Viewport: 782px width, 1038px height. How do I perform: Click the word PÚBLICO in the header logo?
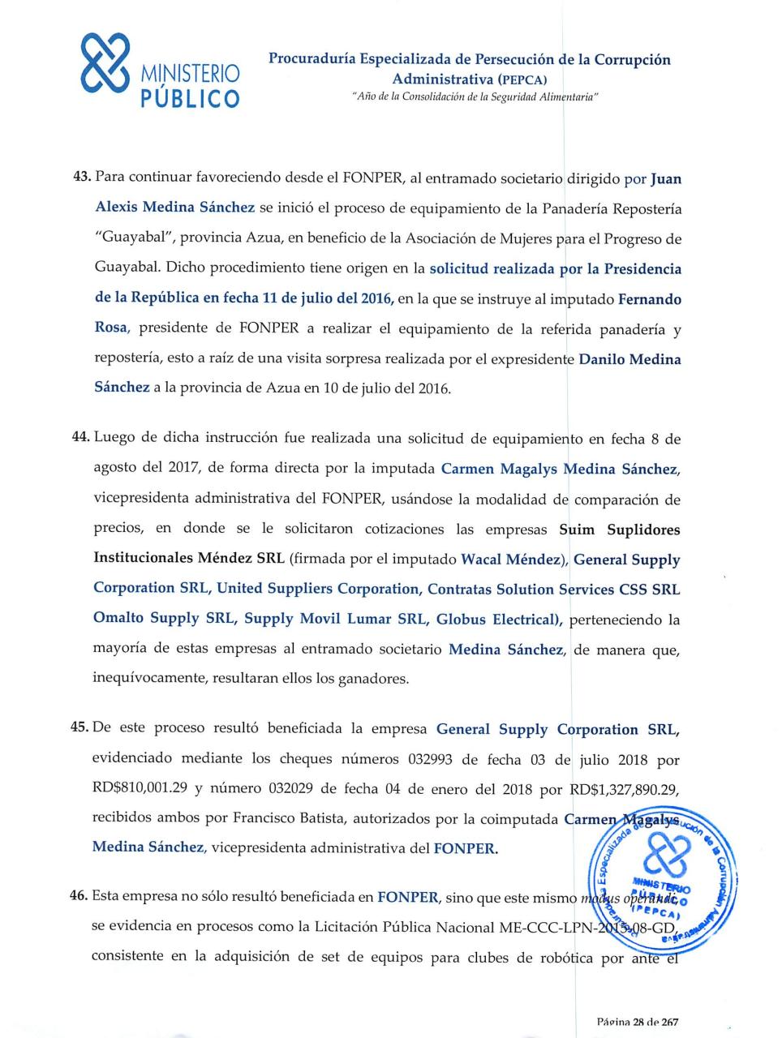(x=190, y=100)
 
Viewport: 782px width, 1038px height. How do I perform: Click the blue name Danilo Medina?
(x=629, y=359)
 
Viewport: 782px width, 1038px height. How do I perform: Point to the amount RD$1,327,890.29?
(x=625, y=789)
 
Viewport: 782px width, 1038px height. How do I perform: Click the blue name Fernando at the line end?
(x=649, y=299)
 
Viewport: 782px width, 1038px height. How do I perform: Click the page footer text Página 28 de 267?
(x=637, y=1023)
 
